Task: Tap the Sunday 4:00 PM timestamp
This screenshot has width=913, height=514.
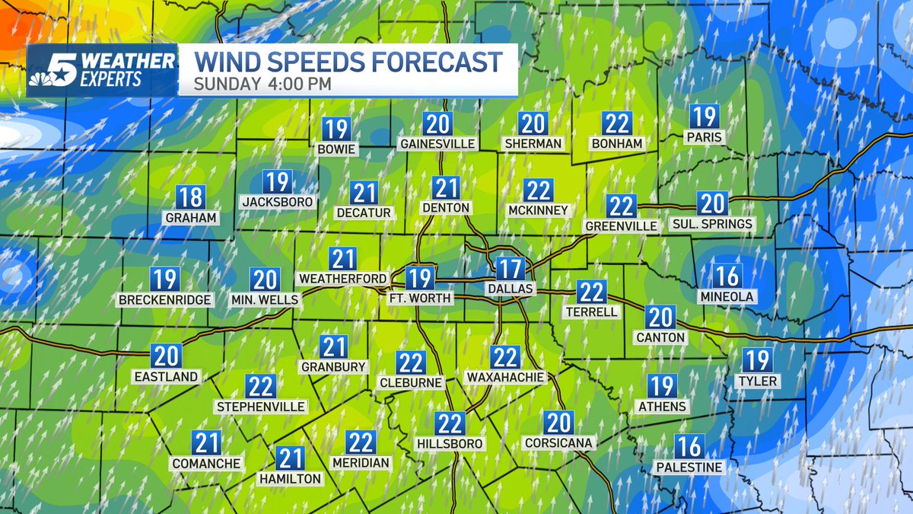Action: pyautogui.click(x=262, y=84)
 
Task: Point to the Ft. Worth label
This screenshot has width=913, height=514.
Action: pyautogui.click(x=420, y=298)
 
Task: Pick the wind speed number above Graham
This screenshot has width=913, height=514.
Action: pyautogui.click(x=190, y=197)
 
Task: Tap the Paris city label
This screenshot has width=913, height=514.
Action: pyautogui.click(x=702, y=137)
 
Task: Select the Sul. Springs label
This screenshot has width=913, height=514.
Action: pyautogui.click(x=712, y=224)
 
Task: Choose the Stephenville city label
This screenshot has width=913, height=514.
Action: pyautogui.click(x=261, y=407)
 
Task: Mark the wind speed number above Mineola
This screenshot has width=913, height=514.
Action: pyautogui.click(x=727, y=276)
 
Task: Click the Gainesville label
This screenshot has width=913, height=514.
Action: pyautogui.click(x=437, y=143)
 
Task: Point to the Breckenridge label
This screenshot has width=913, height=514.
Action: pyautogui.click(x=165, y=299)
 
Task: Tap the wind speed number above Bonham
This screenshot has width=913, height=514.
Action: pyautogui.click(x=617, y=123)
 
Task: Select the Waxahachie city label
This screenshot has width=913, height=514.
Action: pyautogui.click(x=505, y=377)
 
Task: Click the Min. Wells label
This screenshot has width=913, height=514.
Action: pyautogui.click(x=265, y=300)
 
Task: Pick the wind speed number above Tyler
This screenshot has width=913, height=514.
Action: pyautogui.click(x=757, y=360)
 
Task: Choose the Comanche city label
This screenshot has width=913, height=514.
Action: pyautogui.click(x=206, y=463)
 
